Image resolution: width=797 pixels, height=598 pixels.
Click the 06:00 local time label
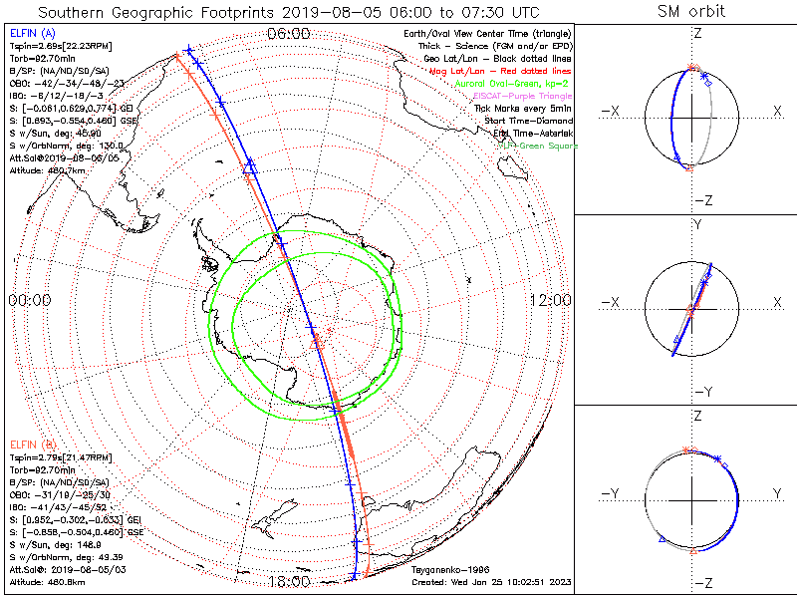pyautogui.click(x=289, y=34)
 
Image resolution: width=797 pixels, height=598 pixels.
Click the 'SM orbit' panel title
pyautogui.click(x=690, y=12)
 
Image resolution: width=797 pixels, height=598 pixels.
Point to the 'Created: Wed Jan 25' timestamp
pyautogui.click(x=490, y=581)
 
